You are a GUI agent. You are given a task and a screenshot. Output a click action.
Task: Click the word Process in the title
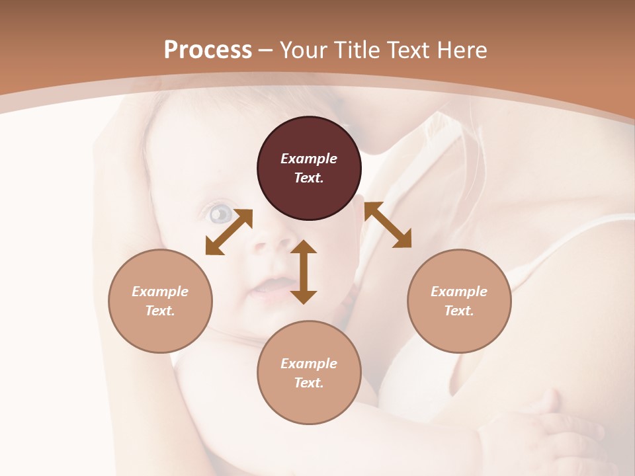pyautogui.click(x=208, y=50)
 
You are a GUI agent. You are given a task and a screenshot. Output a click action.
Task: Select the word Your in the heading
pyautogui.click(x=305, y=50)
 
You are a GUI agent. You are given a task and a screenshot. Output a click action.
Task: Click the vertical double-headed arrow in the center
pyautogui.click(x=304, y=272)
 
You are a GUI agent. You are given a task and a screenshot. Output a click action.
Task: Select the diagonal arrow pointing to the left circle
pyautogui.click(x=229, y=231)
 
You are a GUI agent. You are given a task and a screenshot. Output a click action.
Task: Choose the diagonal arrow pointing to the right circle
pyautogui.click(x=388, y=225)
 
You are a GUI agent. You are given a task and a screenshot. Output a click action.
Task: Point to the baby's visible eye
pyautogui.click(x=221, y=214)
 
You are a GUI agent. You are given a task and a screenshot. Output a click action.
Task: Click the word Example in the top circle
pyautogui.click(x=309, y=159)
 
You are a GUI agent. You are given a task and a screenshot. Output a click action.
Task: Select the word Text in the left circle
pyautogui.click(x=160, y=311)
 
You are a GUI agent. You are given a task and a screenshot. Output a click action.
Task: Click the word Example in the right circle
pyautogui.click(x=459, y=292)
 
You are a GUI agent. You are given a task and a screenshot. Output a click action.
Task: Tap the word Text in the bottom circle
pyautogui.click(x=309, y=383)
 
